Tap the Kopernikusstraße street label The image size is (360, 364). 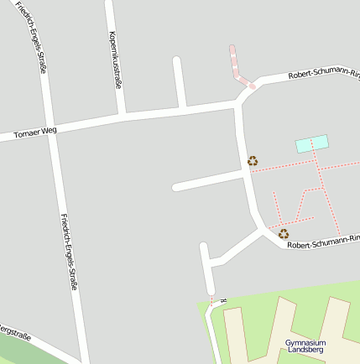(x=115, y=60)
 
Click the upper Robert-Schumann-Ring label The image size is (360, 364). (x=323, y=74)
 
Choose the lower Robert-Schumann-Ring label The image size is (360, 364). (x=322, y=243)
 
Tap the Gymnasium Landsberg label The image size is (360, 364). (x=305, y=346)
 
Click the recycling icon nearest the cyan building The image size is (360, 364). (x=252, y=160)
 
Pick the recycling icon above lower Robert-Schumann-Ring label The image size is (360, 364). (x=284, y=234)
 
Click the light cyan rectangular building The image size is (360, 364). (x=311, y=143)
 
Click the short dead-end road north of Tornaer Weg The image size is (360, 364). (x=179, y=82)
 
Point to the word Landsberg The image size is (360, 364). (x=305, y=351)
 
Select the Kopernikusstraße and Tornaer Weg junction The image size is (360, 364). (x=123, y=116)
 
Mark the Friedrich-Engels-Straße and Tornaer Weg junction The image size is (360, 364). (x=52, y=127)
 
